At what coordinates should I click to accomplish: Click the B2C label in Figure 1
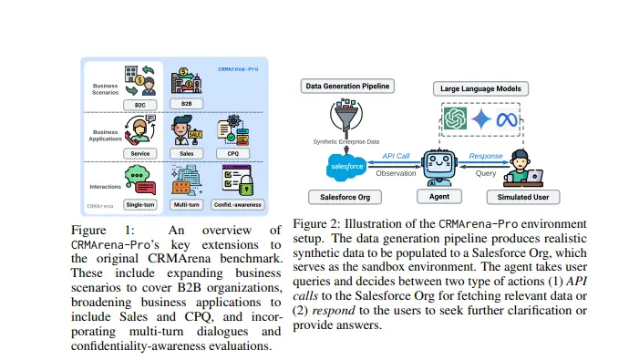click(140, 104)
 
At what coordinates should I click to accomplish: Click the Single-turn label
click(140, 203)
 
